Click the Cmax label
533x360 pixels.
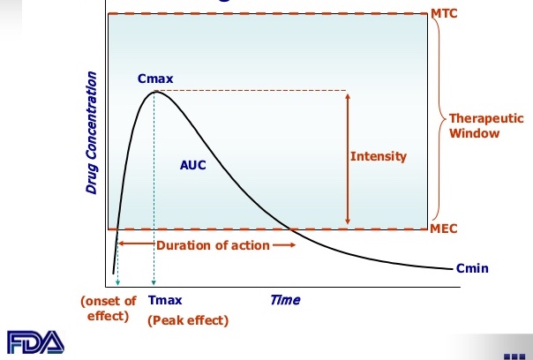(155, 79)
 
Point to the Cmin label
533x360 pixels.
(473, 268)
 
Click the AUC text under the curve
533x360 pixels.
(192, 165)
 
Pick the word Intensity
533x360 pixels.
(379, 157)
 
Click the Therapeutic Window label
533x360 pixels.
(475, 125)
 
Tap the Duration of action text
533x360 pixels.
(213, 245)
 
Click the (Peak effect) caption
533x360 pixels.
(187, 319)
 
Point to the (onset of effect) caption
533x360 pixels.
(109, 306)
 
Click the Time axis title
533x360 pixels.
(284, 299)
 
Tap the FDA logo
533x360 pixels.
(34, 342)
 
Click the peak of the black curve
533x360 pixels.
(155, 91)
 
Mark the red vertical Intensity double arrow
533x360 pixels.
(348, 157)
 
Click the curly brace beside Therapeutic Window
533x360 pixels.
(437, 122)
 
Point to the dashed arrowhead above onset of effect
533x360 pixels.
(117, 283)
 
